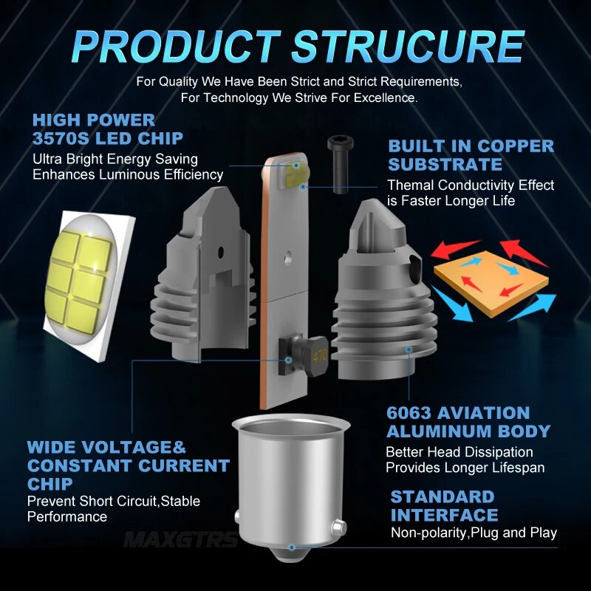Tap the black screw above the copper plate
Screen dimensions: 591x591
coord(341,165)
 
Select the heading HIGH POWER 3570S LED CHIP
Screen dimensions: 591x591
coord(107,129)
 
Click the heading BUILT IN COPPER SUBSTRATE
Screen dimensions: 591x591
coord(471,155)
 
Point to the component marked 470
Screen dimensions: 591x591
coord(304,356)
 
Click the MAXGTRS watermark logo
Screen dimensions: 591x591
coord(180,540)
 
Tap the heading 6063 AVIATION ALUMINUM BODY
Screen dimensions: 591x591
coord(468,422)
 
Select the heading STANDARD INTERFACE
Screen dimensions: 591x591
coord(444,506)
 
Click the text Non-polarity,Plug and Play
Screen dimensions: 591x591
coord(474,533)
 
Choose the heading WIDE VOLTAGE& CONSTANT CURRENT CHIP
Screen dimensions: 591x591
coord(128,465)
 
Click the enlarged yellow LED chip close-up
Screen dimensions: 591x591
coord(89,286)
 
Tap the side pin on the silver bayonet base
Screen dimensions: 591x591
coord(338,527)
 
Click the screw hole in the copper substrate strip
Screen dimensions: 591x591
coord(289,257)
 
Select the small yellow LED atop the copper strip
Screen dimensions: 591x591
coord(295,175)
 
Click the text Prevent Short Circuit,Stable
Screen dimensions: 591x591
coord(114,502)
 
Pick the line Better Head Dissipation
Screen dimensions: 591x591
coord(459,452)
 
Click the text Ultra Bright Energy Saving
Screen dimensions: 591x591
coord(115,160)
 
